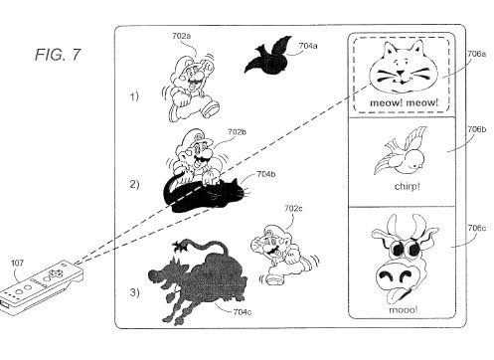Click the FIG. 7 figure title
click(x=58, y=55)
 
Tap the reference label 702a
click(x=182, y=36)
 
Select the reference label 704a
click(x=308, y=46)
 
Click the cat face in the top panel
click(x=404, y=68)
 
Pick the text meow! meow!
click(x=404, y=102)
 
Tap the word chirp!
click(x=408, y=186)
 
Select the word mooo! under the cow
click(x=404, y=310)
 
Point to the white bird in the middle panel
click(x=403, y=152)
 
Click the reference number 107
click(x=18, y=264)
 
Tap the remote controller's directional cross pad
click(x=55, y=272)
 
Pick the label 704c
click(x=243, y=312)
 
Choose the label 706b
click(x=477, y=129)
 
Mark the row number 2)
click(x=134, y=184)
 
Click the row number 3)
click(x=134, y=292)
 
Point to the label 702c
click(x=293, y=209)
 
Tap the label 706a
click(x=477, y=54)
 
